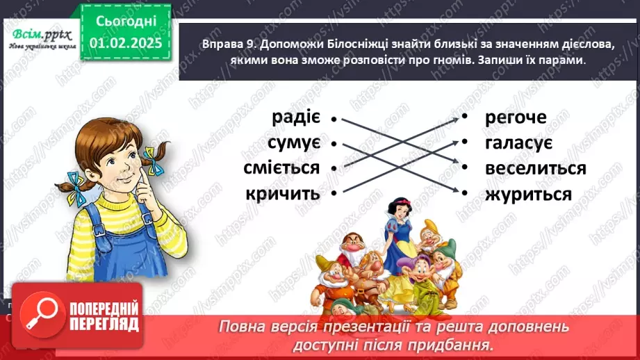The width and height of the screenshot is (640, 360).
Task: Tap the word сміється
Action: tap(281, 168)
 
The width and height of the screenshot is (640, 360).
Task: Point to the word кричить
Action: tap(283, 194)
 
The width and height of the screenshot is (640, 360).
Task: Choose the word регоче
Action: tap(516, 118)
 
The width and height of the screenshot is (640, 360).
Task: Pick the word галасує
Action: tap(518, 143)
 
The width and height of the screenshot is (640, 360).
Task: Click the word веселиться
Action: tap(536, 169)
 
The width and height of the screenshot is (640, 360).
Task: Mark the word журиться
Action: tap(529, 194)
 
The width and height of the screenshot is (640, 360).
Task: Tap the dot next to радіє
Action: tap(334, 119)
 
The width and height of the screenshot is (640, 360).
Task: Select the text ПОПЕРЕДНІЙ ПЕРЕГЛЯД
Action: tap(104, 317)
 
